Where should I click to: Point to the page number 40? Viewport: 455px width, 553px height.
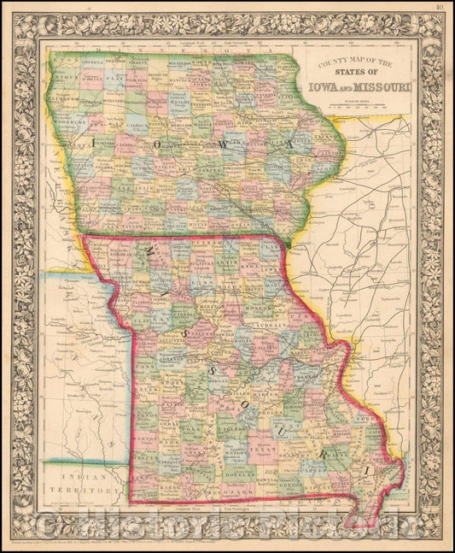click(438, 8)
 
